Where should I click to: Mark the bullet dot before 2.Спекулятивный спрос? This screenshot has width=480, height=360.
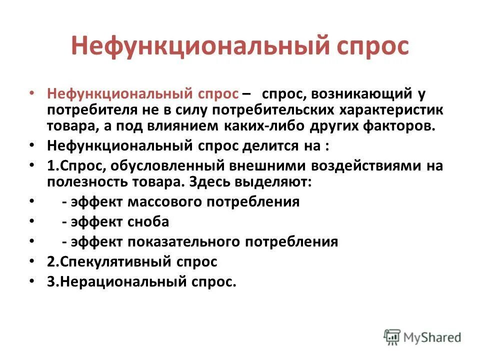(32, 261)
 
